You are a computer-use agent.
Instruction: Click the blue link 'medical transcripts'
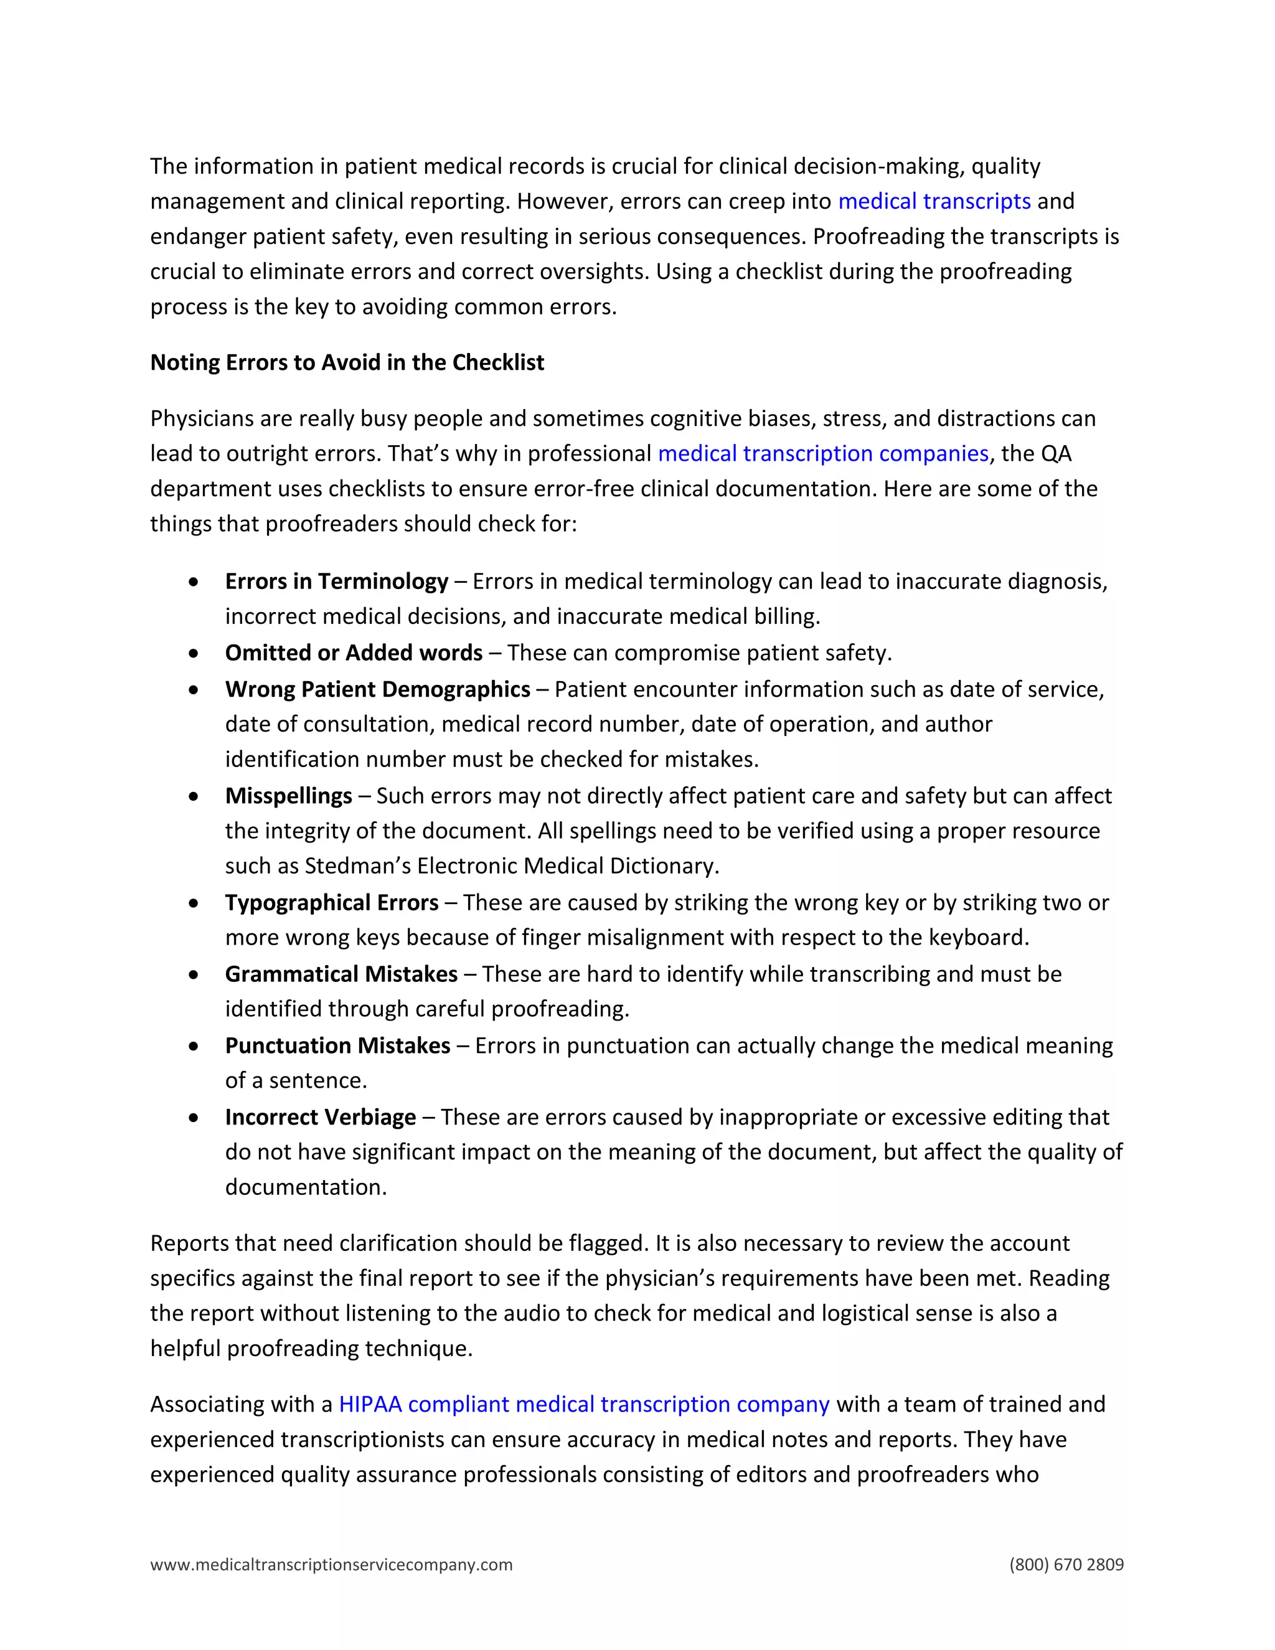click(934, 202)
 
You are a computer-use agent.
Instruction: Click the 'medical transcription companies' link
click(822, 454)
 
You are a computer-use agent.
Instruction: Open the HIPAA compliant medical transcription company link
click(584, 1405)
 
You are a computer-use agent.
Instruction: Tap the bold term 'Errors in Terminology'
click(336, 582)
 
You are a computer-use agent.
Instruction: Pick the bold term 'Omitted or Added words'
click(354, 653)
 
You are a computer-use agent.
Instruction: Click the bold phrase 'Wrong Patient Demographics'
click(377, 690)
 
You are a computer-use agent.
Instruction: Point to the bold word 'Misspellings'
click(288, 796)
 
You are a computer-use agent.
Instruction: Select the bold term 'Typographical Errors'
click(332, 903)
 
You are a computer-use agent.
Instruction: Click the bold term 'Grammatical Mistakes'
click(341, 974)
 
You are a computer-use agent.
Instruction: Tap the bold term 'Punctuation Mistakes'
click(337, 1047)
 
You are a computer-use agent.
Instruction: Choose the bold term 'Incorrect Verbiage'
click(320, 1118)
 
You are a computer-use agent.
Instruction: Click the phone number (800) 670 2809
click(1066, 1565)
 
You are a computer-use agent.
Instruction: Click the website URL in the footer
click(331, 1565)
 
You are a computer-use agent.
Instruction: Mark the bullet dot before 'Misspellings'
click(194, 797)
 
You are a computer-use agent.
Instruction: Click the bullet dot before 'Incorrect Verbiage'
click(194, 1118)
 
